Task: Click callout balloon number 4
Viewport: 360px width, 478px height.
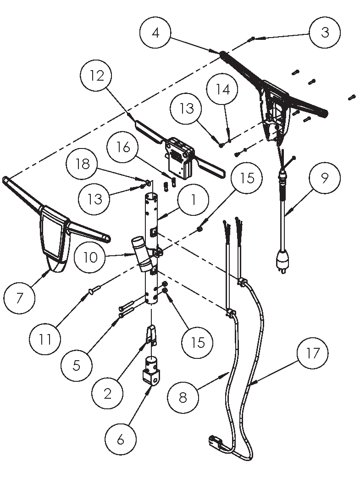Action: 156,33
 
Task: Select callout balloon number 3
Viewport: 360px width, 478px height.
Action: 325,33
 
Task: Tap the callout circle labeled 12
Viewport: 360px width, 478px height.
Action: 97,76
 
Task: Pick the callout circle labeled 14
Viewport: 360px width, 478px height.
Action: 223,89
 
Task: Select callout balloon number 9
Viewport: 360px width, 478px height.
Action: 324,177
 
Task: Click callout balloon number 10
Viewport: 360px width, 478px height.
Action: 91,257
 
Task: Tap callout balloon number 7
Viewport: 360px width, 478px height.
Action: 19,298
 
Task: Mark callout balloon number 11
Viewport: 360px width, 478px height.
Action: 44,339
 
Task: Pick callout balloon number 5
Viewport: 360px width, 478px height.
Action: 76,365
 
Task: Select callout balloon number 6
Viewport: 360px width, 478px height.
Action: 121,440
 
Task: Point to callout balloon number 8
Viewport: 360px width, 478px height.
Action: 183,397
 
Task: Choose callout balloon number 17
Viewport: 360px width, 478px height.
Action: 311,353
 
